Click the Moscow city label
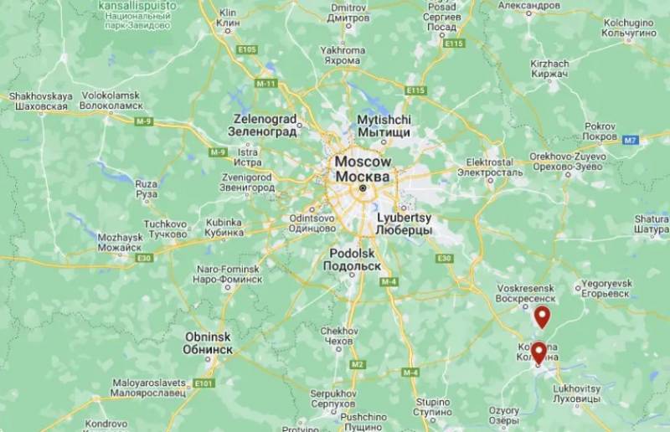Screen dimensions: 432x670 click(362, 168)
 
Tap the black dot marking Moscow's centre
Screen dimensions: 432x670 click(363, 189)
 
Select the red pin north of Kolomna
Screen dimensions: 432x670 click(543, 316)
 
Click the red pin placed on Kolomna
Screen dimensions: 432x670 click(539, 352)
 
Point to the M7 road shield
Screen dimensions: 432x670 click(632, 140)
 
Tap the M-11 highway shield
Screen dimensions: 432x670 click(266, 84)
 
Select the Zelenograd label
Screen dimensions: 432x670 click(265, 126)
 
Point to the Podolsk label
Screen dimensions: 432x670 click(353, 260)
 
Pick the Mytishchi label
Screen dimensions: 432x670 click(384, 126)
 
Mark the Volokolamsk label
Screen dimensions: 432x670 click(110, 101)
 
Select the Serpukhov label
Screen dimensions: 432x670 click(334, 398)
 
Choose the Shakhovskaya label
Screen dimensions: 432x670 click(40, 101)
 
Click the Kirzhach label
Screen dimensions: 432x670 click(549, 69)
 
